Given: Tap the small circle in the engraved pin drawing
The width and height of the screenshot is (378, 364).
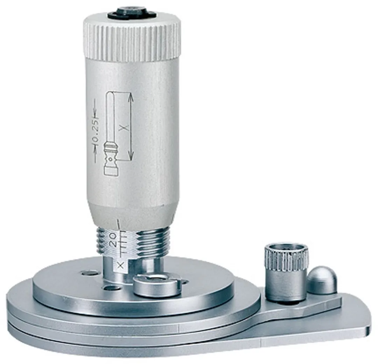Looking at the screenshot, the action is pos(110,159).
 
